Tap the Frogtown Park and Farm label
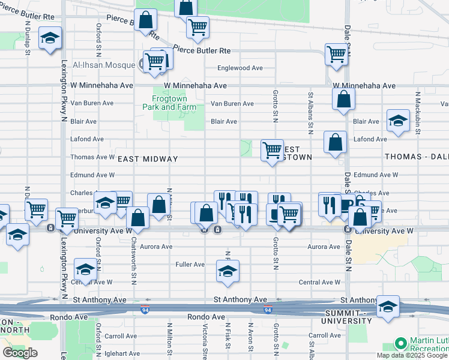point(169,103)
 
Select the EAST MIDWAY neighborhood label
point(148,159)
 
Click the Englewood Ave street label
point(240,68)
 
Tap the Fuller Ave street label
point(190,264)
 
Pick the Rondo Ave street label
point(206,317)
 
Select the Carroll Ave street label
point(325,335)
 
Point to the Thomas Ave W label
point(92,157)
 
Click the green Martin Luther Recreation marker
point(400,344)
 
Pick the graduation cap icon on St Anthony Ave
point(388,307)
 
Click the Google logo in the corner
point(20,353)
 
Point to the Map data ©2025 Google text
point(412,355)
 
